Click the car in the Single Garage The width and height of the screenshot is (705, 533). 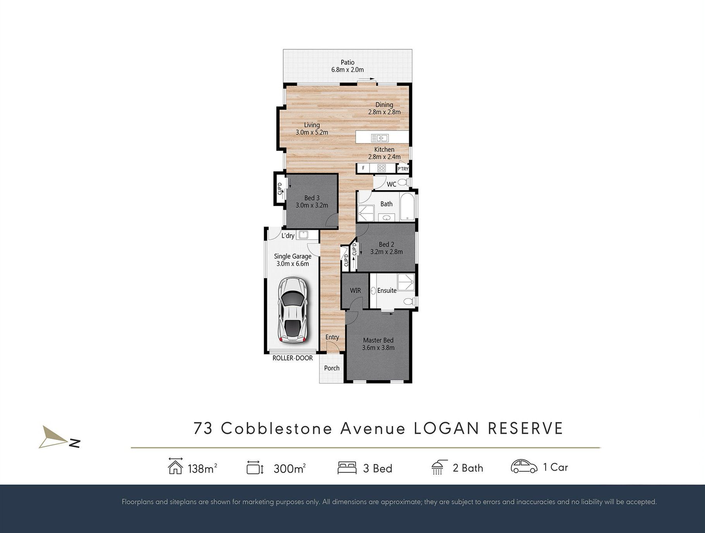point(292,309)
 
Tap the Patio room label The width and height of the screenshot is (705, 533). point(347,62)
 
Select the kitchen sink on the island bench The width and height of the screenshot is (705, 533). point(380,138)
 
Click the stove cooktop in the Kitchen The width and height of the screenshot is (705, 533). point(382,168)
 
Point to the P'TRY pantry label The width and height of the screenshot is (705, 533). point(403,169)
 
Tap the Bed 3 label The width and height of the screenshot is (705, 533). point(312,198)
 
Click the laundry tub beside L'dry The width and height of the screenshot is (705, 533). point(303,235)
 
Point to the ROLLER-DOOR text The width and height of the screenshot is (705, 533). point(292,358)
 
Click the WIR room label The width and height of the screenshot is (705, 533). point(355,290)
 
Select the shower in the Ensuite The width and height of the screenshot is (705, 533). point(406,282)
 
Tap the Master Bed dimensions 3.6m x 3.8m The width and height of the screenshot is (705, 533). point(378,348)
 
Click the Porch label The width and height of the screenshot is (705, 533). point(332,368)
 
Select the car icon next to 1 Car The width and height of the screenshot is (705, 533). point(524,466)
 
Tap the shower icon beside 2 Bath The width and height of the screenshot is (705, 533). point(439,467)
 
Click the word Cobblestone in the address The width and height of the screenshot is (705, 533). point(277,428)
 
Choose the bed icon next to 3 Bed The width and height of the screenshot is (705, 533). point(347,468)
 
